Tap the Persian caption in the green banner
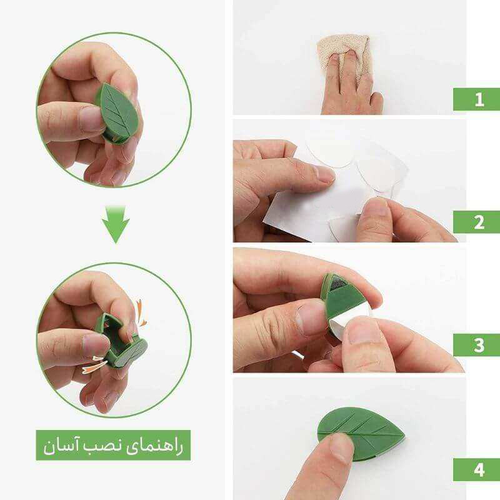pyautogui.click(x=113, y=446)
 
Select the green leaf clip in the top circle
pyautogui.click(x=117, y=109)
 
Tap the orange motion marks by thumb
pyautogui.click(x=92, y=364)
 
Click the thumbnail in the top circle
pyautogui.click(x=92, y=117)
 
